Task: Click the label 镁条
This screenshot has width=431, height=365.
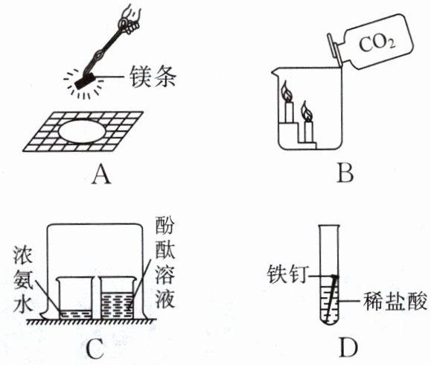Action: tap(153, 77)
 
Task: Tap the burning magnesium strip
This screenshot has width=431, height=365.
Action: tap(85, 82)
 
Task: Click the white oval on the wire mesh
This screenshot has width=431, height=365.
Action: tap(82, 131)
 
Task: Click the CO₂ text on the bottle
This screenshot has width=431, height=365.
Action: tap(377, 44)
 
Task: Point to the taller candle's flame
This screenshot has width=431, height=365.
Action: tap(287, 91)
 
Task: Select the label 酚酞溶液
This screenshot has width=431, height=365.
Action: tap(165, 262)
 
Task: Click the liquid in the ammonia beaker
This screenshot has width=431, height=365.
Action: tap(76, 314)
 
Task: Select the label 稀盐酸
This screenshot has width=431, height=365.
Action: tap(395, 301)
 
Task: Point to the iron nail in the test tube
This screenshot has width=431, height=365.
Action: tap(331, 298)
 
